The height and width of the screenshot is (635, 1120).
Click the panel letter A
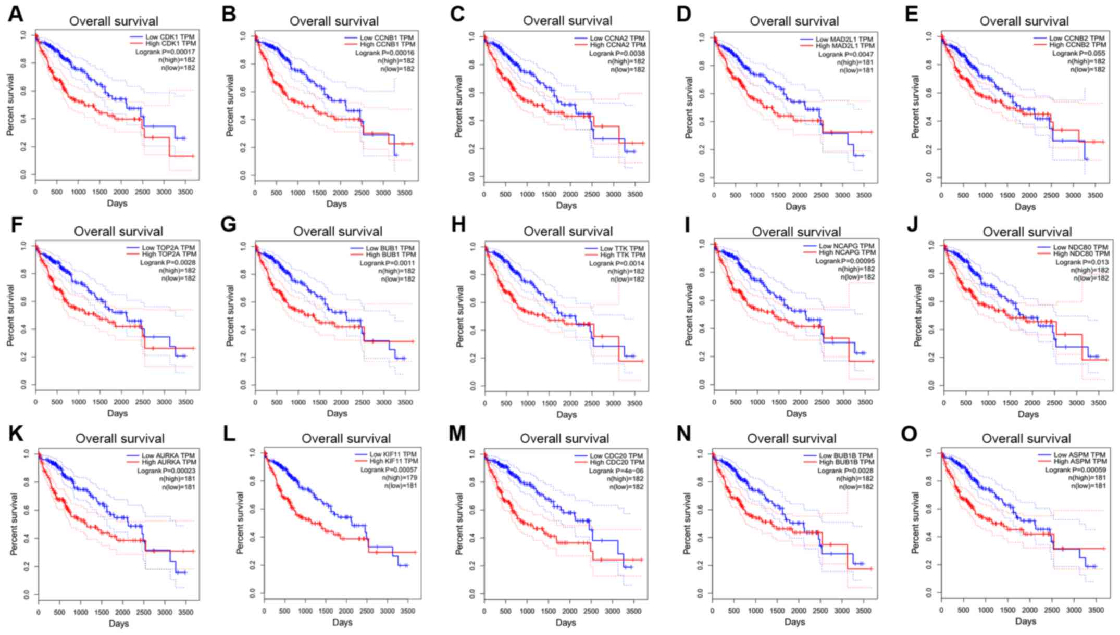16,15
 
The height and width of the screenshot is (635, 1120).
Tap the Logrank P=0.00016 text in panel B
384,53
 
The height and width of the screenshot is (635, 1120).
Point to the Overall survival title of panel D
794,21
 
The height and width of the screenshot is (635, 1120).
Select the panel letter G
228,225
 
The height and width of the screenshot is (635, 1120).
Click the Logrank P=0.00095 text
845,261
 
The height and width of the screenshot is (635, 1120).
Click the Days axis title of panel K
119,624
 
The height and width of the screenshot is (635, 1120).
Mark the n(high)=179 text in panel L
400,478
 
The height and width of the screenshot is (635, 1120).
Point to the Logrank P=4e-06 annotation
616,471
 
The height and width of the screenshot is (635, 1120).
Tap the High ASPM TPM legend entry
1075,462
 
